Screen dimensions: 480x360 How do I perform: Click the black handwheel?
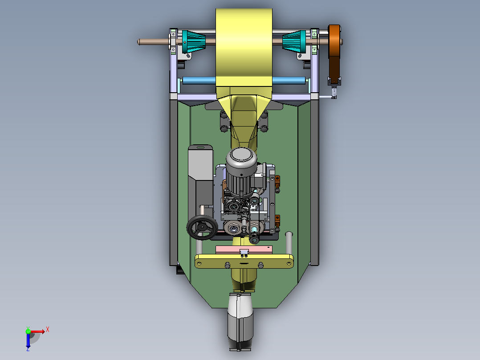click(202, 227)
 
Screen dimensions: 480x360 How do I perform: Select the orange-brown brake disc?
click(334, 41)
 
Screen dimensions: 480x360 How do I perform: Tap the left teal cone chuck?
click(193, 42)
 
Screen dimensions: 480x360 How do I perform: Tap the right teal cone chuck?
click(294, 41)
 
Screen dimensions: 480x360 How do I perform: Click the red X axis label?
click(48, 330)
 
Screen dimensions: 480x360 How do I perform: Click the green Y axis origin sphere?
click(28, 331)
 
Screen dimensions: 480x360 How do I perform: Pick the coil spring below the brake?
click(334, 91)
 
